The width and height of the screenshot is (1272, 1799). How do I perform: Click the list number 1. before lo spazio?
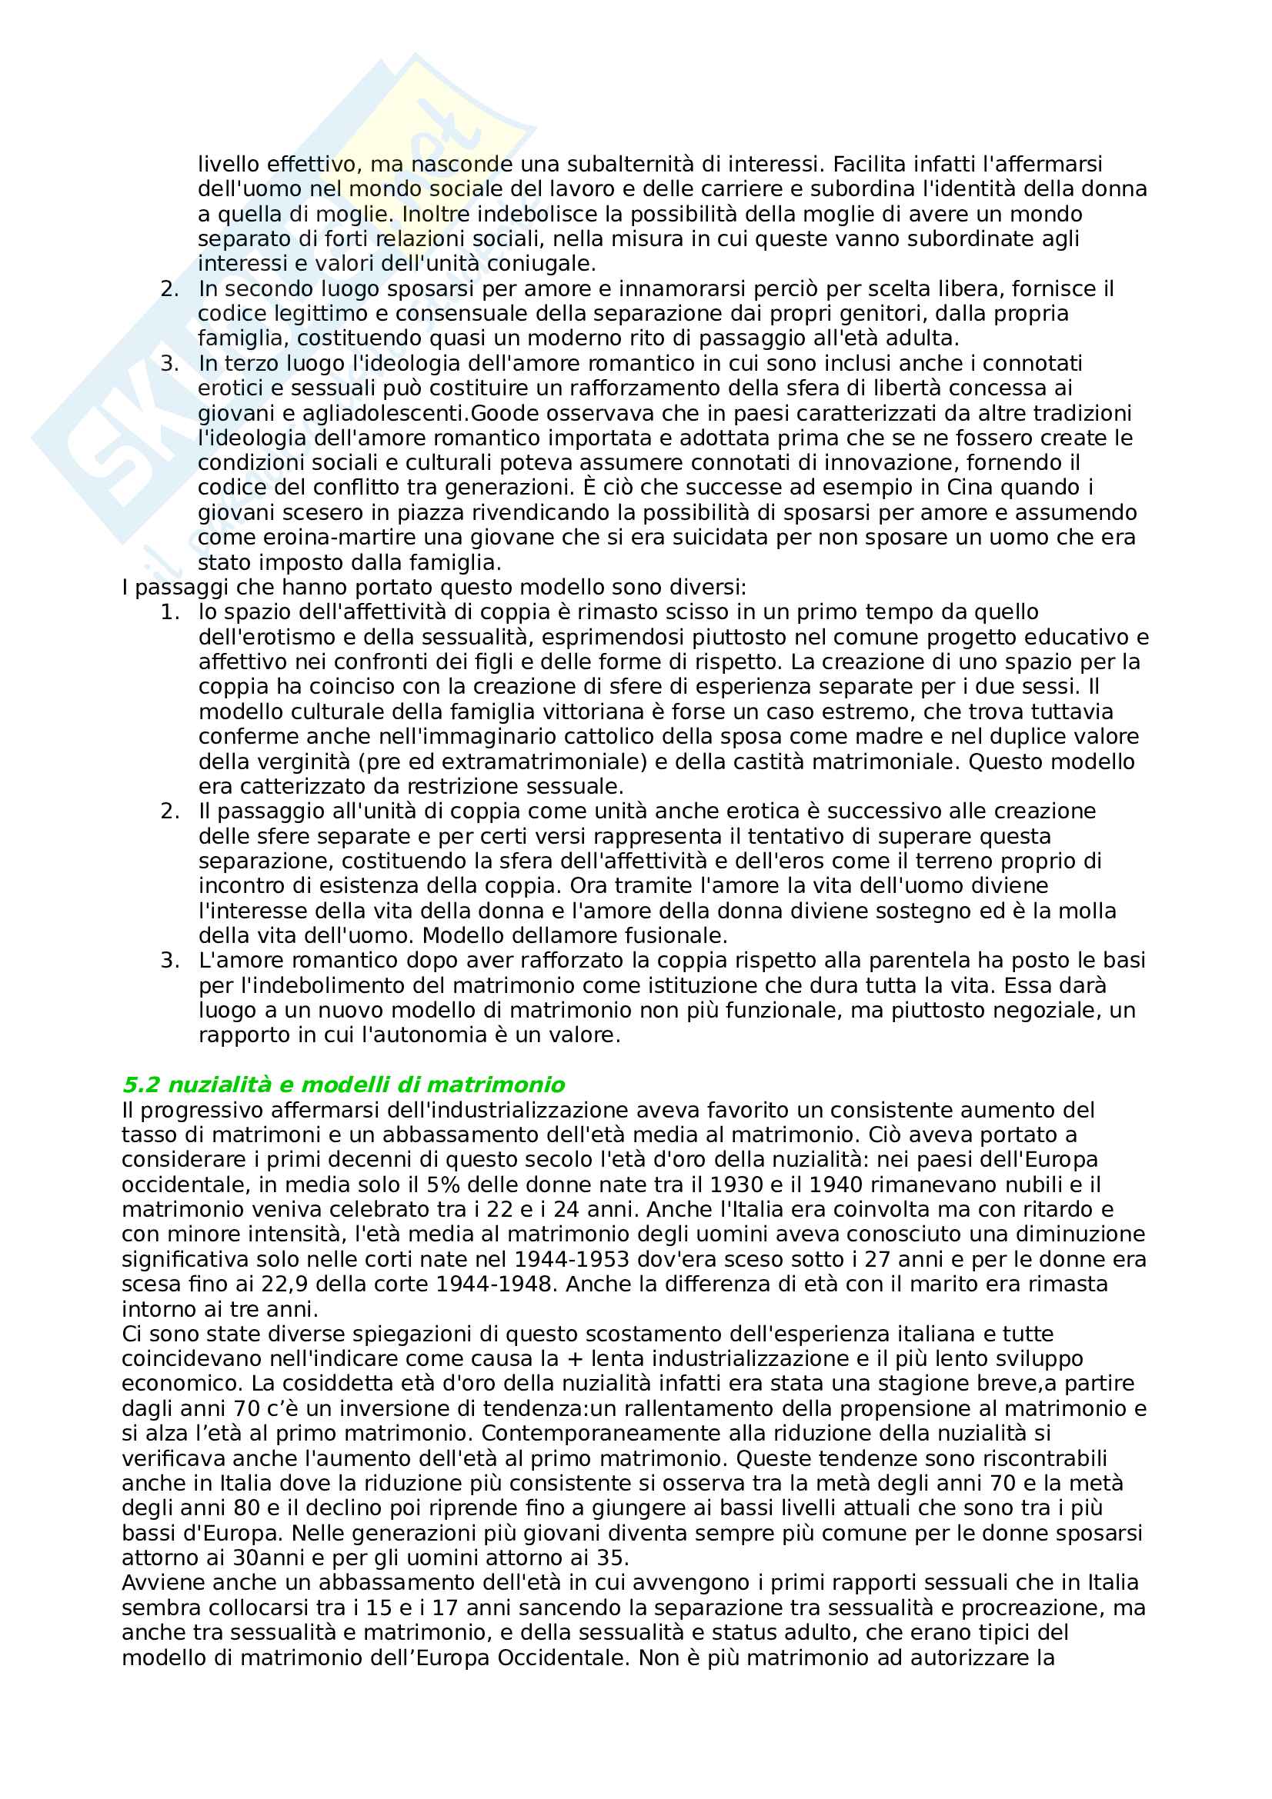tap(170, 613)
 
